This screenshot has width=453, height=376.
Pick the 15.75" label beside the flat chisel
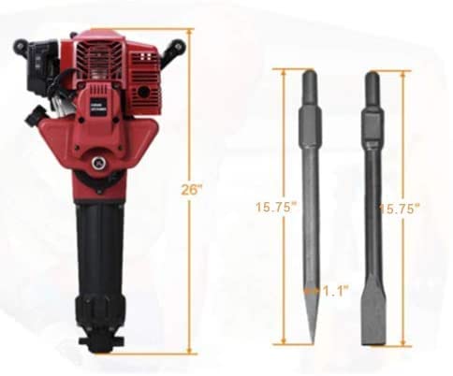tap(400, 208)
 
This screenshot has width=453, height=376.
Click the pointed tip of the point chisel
tap(310, 340)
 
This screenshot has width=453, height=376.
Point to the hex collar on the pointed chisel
tap(310, 123)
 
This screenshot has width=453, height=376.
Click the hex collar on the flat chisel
tap(373, 123)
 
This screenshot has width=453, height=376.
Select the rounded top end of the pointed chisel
tap(310, 75)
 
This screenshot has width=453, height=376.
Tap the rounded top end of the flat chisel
tap(373, 75)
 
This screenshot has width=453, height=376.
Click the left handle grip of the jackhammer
tap(22, 45)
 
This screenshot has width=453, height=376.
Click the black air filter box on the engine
tap(37, 65)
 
